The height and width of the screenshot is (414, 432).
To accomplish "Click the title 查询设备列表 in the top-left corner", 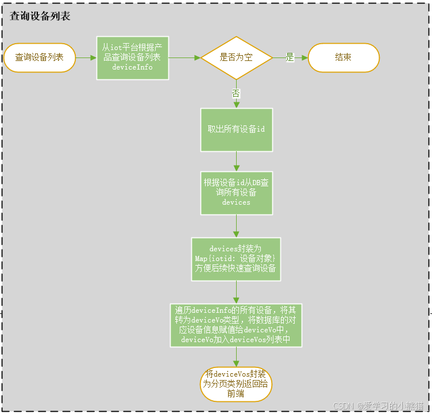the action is [40, 16].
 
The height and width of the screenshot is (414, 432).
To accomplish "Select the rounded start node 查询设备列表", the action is [40, 57].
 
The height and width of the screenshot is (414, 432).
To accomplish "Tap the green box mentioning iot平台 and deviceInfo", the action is [132, 57].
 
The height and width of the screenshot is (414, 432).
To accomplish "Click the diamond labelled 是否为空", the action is [236, 57].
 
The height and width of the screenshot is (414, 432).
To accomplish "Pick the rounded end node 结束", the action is [344, 57].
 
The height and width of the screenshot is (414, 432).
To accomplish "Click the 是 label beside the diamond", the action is [290, 57].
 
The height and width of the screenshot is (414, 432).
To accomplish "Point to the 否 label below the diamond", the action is [236, 93].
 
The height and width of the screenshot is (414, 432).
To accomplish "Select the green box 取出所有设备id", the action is [236, 129].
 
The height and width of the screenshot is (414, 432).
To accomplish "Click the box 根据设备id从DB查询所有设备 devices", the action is [236, 193].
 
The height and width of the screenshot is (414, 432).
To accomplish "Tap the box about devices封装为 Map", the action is [236, 259].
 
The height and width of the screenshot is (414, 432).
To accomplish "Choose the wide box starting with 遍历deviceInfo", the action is [236, 325].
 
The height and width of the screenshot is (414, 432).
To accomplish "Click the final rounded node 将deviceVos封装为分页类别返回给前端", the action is [236, 384].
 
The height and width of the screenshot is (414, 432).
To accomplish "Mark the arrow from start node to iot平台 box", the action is [86, 57].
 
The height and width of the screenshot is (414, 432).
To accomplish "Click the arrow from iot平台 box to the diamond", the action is [184, 57].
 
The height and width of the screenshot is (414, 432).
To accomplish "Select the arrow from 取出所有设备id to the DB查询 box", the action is [236, 161].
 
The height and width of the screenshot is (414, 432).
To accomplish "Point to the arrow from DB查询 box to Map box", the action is [236, 226].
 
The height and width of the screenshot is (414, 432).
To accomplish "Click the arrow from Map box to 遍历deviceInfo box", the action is [236, 292].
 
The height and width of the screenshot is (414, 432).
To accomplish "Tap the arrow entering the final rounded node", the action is [236, 357].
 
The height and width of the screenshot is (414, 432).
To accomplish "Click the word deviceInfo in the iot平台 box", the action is [132, 67].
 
